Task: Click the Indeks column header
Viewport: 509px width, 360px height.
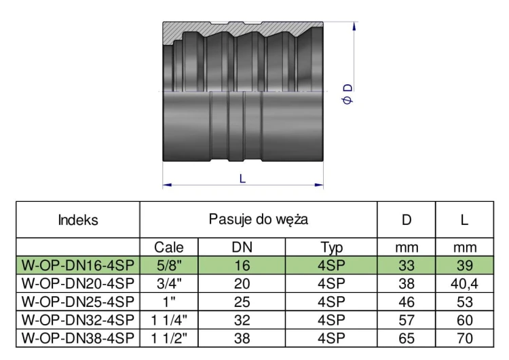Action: [x=78, y=220]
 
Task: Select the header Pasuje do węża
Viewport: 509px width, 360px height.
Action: [x=259, y=219]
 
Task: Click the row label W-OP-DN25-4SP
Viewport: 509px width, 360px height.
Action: [x=78, y=301]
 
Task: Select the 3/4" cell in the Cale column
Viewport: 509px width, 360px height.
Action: [x=169, y=283]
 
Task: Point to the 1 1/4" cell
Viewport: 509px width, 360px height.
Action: [x=169, y=318]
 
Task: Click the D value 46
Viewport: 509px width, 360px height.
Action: [x=407, y=301]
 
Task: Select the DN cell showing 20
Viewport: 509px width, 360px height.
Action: [x=242, y=283]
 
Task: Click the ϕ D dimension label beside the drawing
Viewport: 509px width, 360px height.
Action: [x=348, y=94]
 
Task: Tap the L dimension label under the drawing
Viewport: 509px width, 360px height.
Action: [x=243, y=179]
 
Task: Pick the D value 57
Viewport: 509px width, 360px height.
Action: [x=407, y=318]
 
